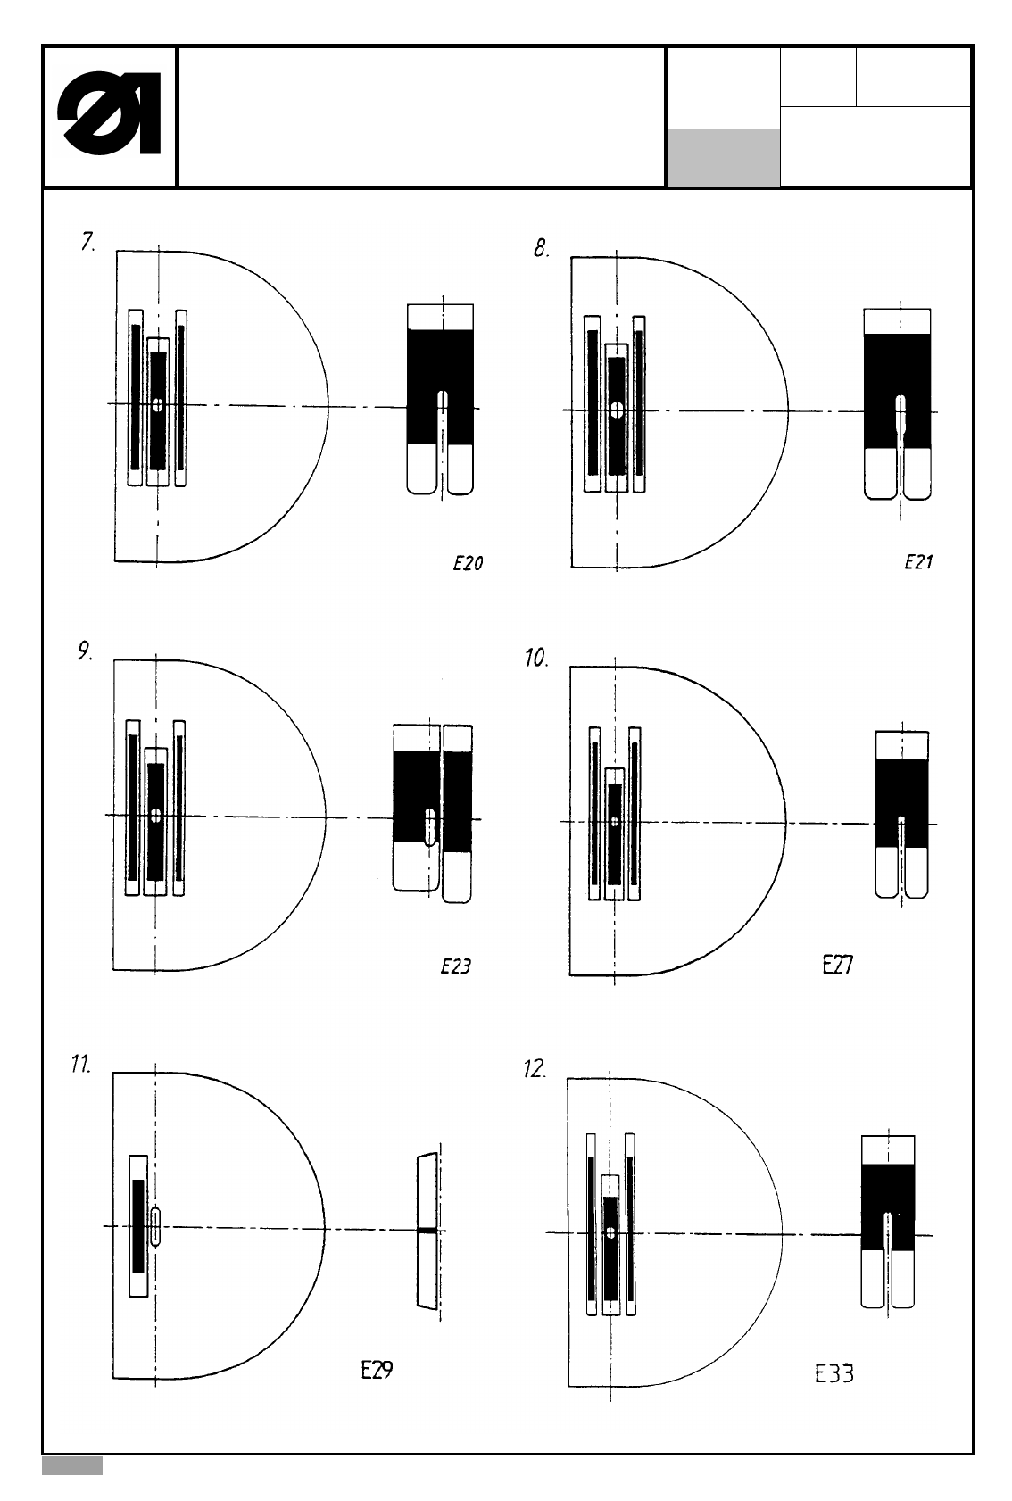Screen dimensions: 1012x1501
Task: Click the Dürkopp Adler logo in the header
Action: [109, 117]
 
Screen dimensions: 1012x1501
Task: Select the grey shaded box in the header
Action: [723, 158]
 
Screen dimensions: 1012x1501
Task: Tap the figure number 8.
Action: [542, 249]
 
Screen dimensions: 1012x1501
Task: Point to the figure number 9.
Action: [85, 652]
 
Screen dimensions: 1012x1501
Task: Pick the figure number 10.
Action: [535, 659]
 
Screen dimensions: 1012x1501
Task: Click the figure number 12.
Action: [535, 1069]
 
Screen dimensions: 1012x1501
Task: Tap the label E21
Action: [918, 562]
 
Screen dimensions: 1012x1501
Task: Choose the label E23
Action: [456, 966]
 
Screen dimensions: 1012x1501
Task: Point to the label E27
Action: [837, 966]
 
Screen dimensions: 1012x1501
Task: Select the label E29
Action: [377, 1371]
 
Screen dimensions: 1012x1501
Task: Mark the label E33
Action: [834, 1374]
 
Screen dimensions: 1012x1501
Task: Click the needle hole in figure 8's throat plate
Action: [617, 410]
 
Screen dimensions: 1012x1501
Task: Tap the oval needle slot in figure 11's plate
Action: [156, 1226]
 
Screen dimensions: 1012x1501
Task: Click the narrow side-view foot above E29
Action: [427, 1231]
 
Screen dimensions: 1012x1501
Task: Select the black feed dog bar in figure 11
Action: [138, 1225]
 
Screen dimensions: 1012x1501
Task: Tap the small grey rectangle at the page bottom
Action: [72, 1466]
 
